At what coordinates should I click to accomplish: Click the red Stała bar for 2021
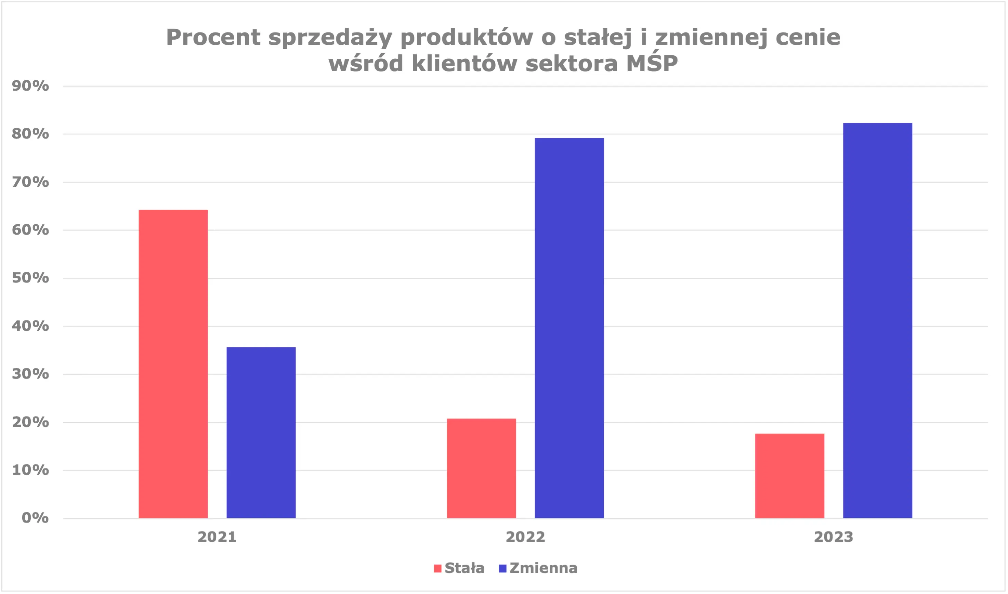click(x=173, y=364)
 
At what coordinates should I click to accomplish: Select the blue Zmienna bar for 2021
click(x=261, y=432)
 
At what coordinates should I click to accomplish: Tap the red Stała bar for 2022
click(x=481, y=468)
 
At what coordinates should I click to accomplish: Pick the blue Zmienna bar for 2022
click(x=569, y=328)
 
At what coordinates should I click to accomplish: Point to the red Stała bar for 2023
click(x=789, y=476)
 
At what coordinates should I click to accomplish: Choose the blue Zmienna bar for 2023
click(x=877, y=320)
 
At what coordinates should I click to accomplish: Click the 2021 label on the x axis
click(x=217, y=537)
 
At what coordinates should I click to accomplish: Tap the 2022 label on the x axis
click(x=525, y=537)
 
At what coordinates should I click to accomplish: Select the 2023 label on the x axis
click(x=834, y=537)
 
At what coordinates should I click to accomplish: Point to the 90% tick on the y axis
click(x=30, y=86)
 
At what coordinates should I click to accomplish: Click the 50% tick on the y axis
click(x=30, y=278)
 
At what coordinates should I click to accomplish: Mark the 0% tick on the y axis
click(x=35, y=518)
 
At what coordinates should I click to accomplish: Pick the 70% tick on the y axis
click(x=30, y=182)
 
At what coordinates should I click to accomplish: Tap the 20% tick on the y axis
click(x=30, y=422)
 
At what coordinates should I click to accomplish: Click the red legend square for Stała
click(x=437, y=568)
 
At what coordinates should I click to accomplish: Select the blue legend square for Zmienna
click(x=503, y=568)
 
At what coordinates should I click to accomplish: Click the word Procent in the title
click(x=213, y=37)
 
